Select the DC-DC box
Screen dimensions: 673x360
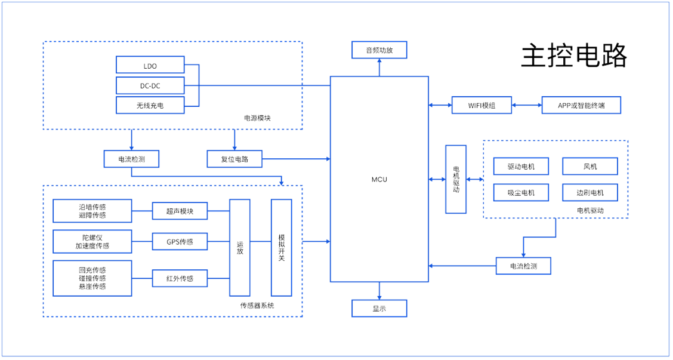(x=150, y=85)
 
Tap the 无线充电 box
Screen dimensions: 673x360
(x=150, y=105)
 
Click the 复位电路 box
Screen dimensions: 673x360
(x=234, y=159)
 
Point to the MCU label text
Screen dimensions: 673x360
(x=379, y=179)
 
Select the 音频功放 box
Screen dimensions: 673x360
(x=379, y=50)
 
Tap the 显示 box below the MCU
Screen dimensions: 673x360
(x=379, y=308)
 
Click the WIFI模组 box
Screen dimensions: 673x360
(x=481, y=105)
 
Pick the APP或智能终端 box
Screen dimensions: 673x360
(x=581, y=105)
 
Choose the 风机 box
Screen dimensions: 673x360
(x=590, y=166)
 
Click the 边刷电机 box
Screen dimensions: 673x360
(x=590, y=192)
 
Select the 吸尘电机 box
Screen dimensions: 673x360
(x=521, y=192)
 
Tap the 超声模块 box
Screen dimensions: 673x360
(x=180, y=211)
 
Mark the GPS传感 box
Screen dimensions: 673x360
(x=180, y=241)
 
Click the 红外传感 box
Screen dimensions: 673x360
(x=180, y=278)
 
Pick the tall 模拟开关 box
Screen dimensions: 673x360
(x=282, y=247)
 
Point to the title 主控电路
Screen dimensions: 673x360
(x=575, y=56)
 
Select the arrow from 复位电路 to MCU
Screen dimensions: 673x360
(x=296, y=159)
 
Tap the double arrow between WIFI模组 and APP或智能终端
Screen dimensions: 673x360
(x=527, y=105)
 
